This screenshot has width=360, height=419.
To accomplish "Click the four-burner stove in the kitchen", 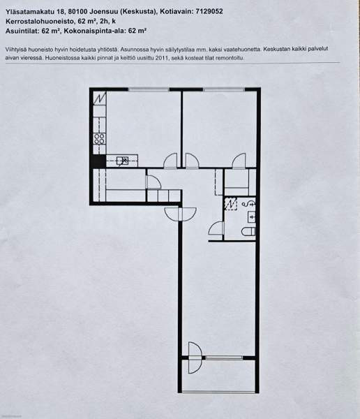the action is [x=99, y=139].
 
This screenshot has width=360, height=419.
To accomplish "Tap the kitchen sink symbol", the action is [x=122, y=161].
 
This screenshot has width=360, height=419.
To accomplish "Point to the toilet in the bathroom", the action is [x=248, y=231].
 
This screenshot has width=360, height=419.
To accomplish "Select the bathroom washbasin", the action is [x=252, y=217].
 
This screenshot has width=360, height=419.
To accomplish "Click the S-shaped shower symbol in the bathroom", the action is [x=248, y=204].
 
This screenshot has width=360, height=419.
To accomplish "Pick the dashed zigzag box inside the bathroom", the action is [x=231, y=204].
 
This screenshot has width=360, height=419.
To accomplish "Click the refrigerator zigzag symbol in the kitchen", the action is [x=100, y=98].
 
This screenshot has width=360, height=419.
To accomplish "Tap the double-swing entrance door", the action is [x=181, y=214].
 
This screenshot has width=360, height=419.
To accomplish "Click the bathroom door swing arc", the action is [x=216, y=229].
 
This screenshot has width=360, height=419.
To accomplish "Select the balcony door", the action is [x=195, y=358].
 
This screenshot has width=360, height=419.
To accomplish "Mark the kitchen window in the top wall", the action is [x=149, y=90].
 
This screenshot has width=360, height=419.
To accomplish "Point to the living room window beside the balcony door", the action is [x=224, y=358].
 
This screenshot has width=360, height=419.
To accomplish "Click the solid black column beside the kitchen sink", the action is [x=98, y=161].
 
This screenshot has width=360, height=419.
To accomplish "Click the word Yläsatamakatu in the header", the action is [x=31, y=12].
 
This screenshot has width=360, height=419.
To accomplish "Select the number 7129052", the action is [x=209, y=11].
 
